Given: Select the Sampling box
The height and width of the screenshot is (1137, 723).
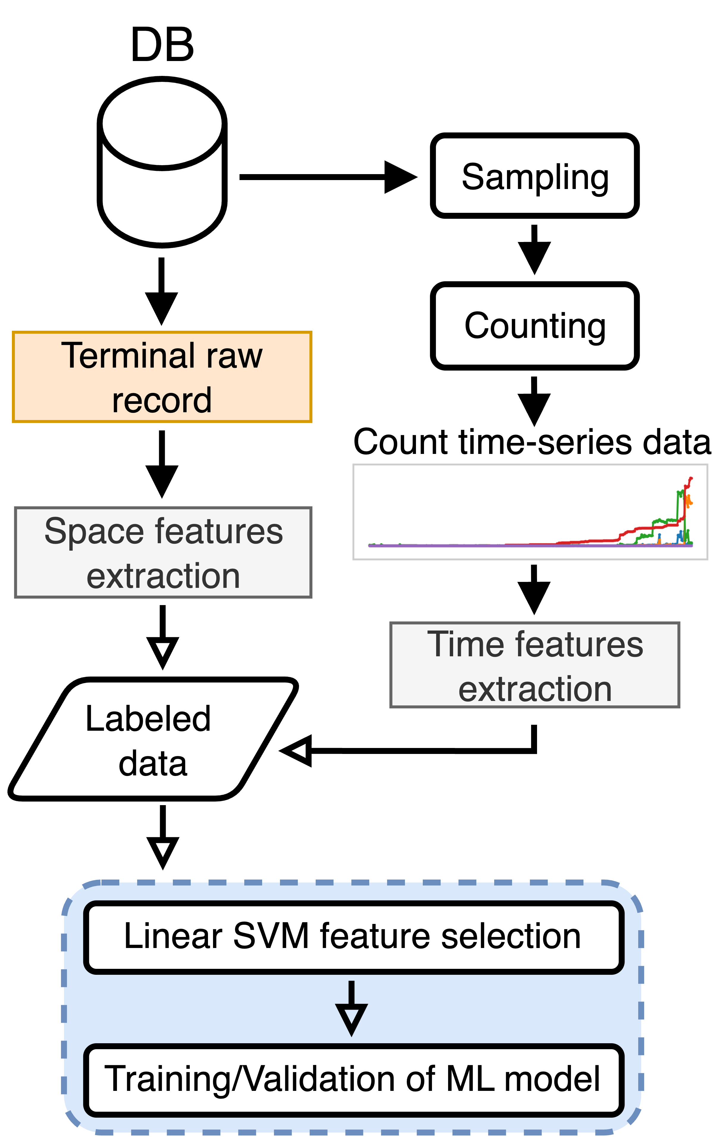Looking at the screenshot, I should pyautogui.click(x=534, y=176).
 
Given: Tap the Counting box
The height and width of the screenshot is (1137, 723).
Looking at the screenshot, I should pyautogui.click(x=534, y=326).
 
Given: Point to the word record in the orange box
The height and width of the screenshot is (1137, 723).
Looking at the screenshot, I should pyautogui.click(x=162, y=400).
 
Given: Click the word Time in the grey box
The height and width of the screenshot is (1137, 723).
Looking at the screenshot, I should pyautogui.click(x=466, y=644).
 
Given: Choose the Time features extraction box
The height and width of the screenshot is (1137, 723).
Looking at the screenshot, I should pyautogui.click(x=534, y=665).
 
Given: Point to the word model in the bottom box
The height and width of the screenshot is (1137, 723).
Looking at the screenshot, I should pyautogui.click(x=552, y=1079).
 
